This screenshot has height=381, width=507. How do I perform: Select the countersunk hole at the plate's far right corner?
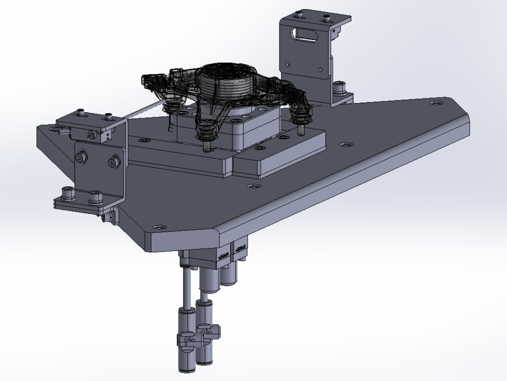434,103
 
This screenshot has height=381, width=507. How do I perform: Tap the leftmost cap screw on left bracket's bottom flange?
66,193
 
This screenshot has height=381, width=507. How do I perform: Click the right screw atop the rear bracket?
325,19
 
